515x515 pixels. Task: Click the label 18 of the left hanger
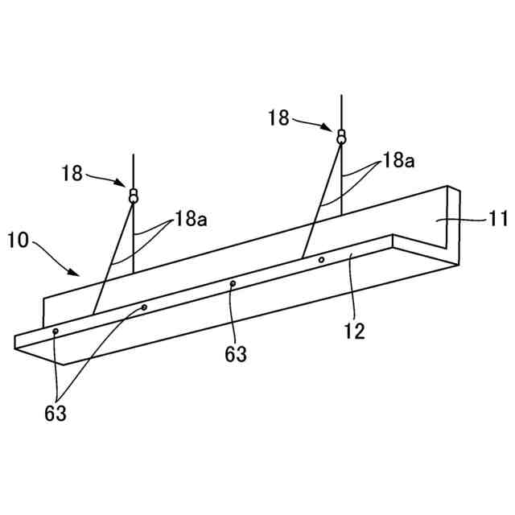tap(72, 172)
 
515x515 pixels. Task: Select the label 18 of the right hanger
tap(278, 117)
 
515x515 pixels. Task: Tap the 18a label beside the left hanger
tap(191, 219)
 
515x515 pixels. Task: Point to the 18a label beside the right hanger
tap(398, 161)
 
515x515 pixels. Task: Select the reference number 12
tap(355, 330)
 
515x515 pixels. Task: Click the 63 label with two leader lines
tap(56, 414)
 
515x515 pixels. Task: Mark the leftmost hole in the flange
tap(55, 332)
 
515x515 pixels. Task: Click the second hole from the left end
tap(145, 307)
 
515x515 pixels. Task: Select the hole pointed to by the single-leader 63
tap(233, 283)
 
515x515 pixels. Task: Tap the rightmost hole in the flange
tap(321, 260)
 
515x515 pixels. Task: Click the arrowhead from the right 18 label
tap(332, 127)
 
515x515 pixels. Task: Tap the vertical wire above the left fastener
tap(133, 169)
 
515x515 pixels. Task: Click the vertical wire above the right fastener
tap(342, 109)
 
